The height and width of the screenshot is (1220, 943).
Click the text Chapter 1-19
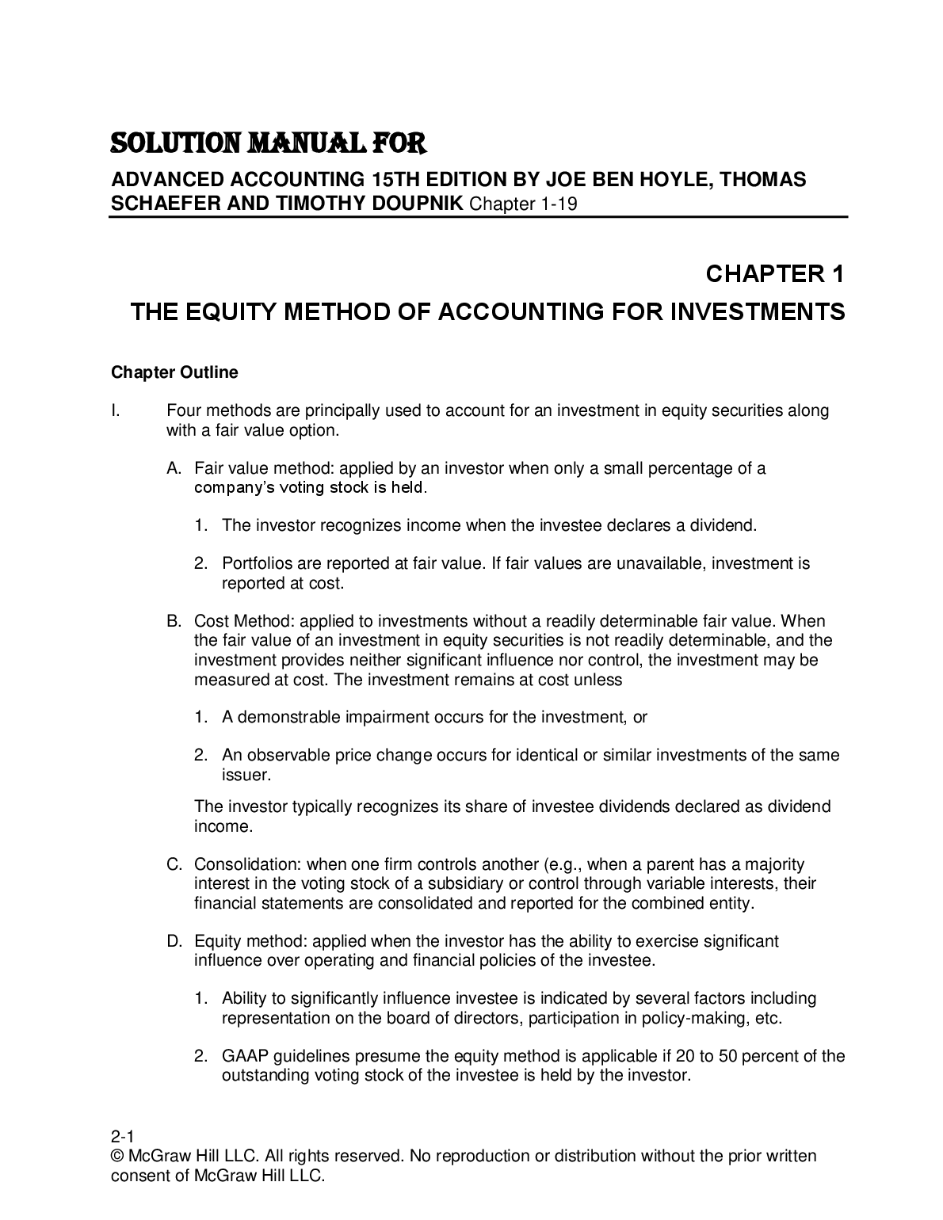click(523, 204)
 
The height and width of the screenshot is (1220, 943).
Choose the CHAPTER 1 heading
click(774, 274)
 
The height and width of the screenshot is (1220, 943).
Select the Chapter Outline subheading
click(174, 372)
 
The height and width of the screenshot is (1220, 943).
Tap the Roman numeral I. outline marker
click(116, 411)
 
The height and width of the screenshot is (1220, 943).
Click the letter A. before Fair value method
click(174, 468)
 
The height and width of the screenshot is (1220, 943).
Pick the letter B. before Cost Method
click(174, 622)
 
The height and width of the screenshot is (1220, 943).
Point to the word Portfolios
click(255, 564)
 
